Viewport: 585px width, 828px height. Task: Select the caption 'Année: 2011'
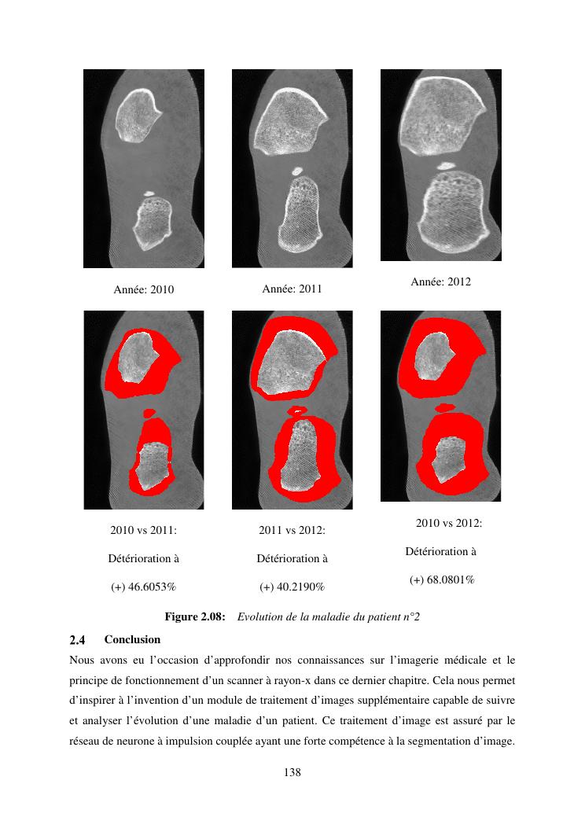click(292, 289)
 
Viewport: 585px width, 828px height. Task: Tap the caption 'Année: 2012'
click(440, 282)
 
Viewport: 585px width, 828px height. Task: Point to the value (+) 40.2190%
click(292, 587)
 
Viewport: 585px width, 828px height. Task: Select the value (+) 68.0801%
click(441, 580)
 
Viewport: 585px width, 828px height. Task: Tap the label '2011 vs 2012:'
click(292, 530)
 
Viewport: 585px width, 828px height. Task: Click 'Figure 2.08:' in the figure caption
click(195, 617)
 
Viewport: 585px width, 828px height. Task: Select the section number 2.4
click(76, 639)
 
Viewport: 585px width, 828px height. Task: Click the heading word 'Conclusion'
click(132, 639)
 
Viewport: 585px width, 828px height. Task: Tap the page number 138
click(292, 773)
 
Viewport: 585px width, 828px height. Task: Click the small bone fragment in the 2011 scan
click(298, 170)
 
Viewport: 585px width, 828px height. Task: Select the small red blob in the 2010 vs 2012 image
click(446, 407)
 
